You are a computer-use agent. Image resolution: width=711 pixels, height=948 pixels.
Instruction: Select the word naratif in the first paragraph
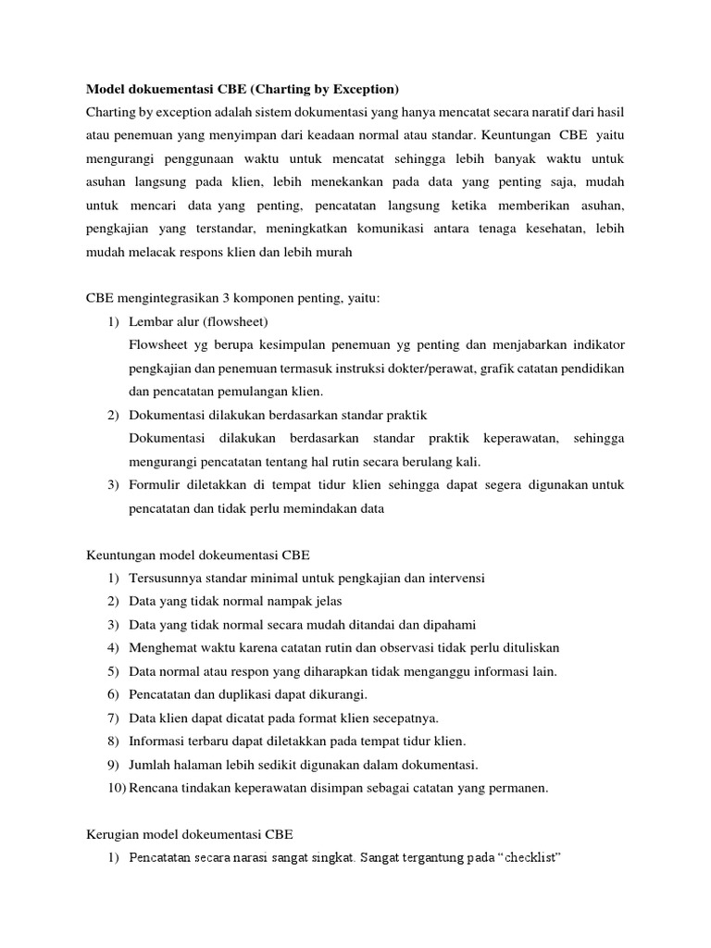coord(537,112)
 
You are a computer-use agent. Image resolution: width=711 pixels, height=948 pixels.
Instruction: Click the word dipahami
coord(450,625)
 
